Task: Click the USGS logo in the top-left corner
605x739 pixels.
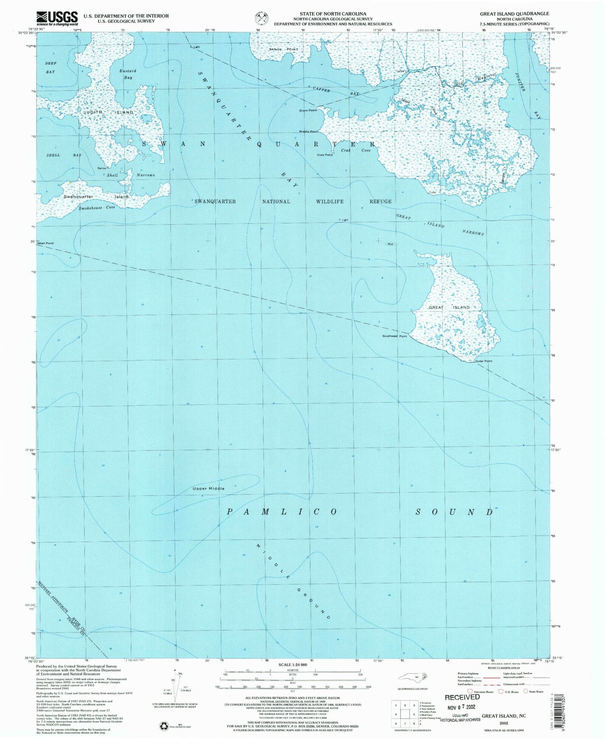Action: click(x=57, y=18)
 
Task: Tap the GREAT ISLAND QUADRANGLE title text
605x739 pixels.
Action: click(x=514, y=13)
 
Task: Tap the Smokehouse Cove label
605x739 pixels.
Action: click(x=97, y=207)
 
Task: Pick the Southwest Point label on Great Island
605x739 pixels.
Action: click(x=394, y=336)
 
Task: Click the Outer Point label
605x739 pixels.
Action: click(x=483, y=361)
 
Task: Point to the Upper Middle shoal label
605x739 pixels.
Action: click(x=208, y=488)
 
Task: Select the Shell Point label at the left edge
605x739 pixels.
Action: click(x=45, y=244)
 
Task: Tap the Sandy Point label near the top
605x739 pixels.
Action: click(x=284, y=49)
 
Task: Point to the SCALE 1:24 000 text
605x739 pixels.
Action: click(x=292, y=664)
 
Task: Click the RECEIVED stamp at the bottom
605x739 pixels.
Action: click(x=462, y=697)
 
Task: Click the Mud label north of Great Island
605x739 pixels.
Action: click(x=390, y=244)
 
